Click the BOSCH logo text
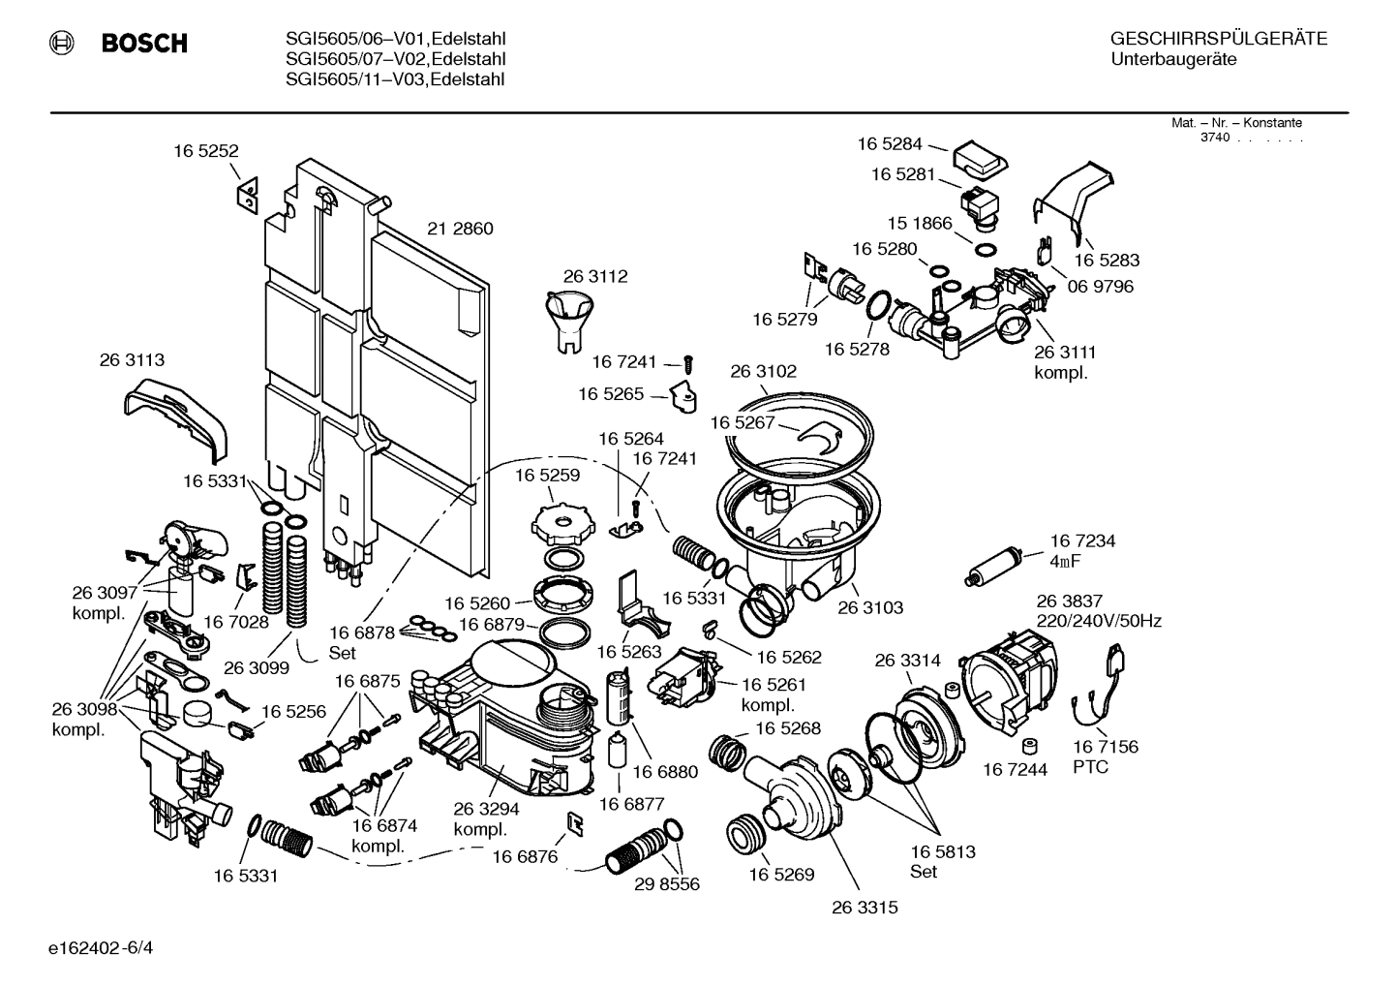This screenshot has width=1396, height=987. point(144,44)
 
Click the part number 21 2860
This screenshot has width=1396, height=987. point(460,229)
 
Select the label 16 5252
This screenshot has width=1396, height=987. point(206,151)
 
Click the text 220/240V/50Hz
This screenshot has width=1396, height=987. point(1099,621)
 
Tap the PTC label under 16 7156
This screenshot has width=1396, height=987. point(1090,767)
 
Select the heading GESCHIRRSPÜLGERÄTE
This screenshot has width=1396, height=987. point(1218,40)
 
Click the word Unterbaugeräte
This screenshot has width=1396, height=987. point(1173,60)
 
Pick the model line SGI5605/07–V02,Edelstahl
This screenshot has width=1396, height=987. point(395,60)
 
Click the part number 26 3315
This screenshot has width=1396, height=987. point(865,907)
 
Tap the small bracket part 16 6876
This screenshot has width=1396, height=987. point(574,823)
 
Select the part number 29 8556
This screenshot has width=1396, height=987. point(667,883)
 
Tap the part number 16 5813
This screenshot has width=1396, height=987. point(942,851)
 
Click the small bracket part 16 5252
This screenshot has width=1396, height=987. point(247,194)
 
